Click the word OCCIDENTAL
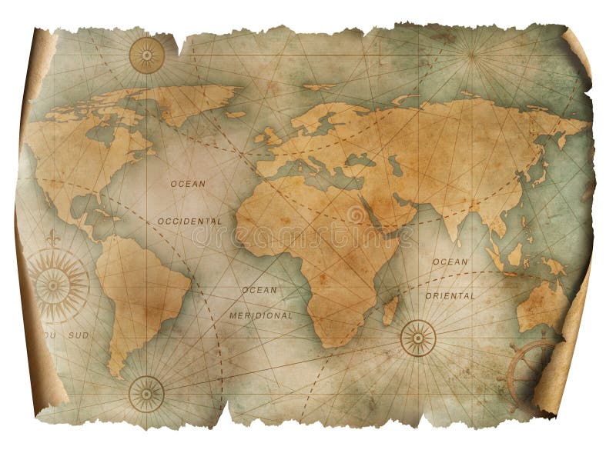pos(189,221)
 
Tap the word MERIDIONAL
pos(260,315)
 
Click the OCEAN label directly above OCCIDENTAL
pos(189,184)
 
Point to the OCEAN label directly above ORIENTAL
pos(450,261)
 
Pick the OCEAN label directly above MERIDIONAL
pos(259,290)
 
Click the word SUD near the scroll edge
pos(79,336)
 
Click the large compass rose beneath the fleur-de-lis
pos(55,285)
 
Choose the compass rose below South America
pos(146,392)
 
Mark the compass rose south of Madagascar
pos(418,338)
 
